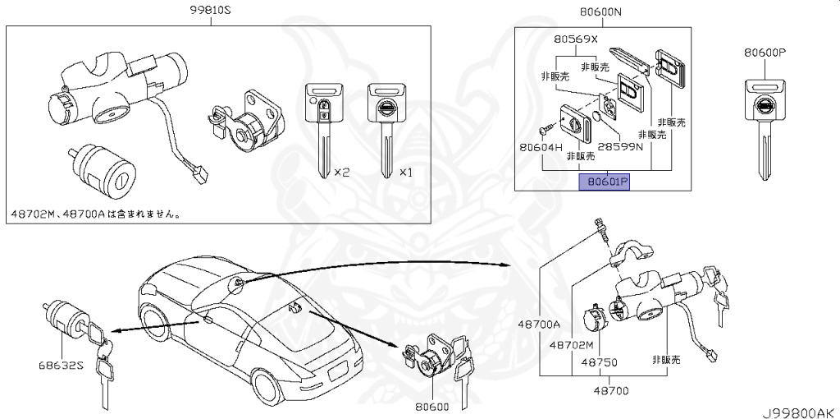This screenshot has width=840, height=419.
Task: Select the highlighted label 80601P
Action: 604,182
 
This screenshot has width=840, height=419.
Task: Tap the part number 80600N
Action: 600,12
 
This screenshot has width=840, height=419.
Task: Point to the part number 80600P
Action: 765,52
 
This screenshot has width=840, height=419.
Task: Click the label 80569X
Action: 576,39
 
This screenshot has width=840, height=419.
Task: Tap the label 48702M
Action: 572,345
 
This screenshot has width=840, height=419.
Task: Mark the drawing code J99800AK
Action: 795,411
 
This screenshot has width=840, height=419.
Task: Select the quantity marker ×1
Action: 406,173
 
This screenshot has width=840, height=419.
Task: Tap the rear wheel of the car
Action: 271,387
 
